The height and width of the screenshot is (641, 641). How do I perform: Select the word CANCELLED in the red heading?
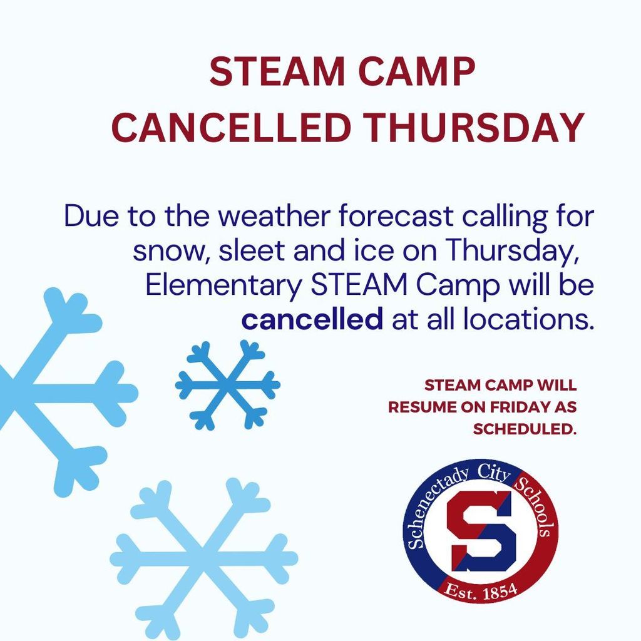point(231,128)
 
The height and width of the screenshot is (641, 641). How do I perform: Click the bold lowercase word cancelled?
point(312,320)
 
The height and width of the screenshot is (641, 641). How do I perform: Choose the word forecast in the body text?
point(396,216)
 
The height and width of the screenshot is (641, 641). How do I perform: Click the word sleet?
point(252,250)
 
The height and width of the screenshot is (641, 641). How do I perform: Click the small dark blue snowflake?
point(228,385)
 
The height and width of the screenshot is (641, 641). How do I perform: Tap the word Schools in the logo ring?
point(536,506)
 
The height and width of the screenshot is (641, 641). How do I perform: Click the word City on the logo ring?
point(494,474)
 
